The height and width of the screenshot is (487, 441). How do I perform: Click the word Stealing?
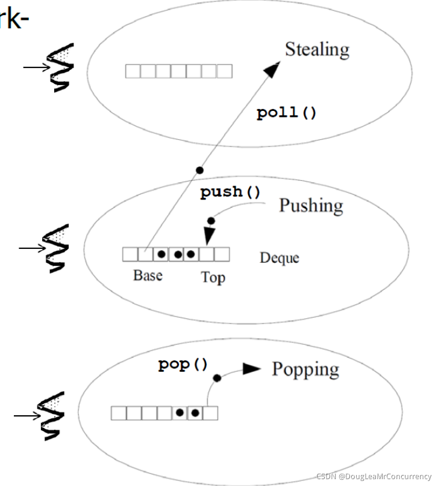pos(317,49)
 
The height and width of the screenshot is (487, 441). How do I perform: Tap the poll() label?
pos(287,113)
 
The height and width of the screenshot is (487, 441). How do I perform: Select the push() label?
pos(230,192)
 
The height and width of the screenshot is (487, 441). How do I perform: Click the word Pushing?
pos(310,205)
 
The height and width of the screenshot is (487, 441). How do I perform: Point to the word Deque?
pos(279,257)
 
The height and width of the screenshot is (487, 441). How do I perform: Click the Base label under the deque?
pos(148,275)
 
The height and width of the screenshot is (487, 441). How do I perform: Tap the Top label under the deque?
pos(213,277)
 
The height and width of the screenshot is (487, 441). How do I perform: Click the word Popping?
pos(305,368)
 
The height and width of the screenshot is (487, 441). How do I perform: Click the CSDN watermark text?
pos(374,476)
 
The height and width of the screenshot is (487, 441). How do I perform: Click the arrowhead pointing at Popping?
pos(252,369)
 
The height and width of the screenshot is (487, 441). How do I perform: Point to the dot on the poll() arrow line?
pos(199,171)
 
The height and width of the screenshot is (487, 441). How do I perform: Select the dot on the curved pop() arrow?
pos(217,378)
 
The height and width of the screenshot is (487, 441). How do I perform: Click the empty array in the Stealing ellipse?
pos(178,71)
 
